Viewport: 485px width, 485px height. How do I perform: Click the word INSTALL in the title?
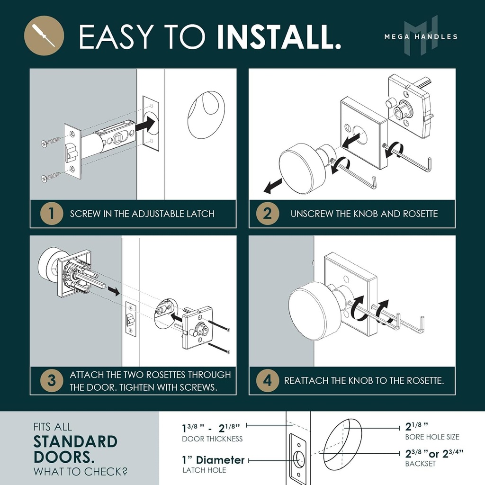[x=279, y=36]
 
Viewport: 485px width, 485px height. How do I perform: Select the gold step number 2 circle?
[x=267, y=214]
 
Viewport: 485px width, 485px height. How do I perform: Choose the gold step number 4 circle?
[x=267, y=381]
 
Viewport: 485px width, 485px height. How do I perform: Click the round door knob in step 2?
[x=299, y=168]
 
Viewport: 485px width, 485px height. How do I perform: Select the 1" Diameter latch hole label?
[x=213, y=460]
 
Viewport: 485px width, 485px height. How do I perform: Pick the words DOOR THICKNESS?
[x=212, y=439]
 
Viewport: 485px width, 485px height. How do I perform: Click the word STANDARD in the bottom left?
[x=75, y=442]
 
